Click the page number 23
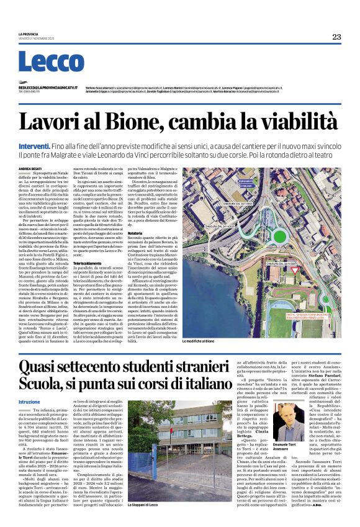[x=336, y=37]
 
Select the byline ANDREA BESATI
[x=30, y=168]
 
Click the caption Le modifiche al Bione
[x=203, y=342]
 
